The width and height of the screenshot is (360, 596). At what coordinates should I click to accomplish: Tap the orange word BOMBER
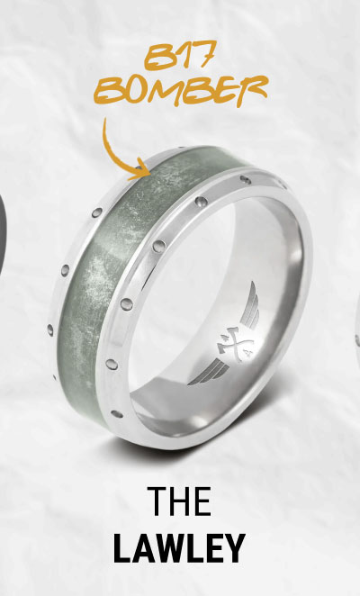181,90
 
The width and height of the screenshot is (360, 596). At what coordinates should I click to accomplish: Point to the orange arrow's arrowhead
140,170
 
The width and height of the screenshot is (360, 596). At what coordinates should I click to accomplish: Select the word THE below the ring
179,501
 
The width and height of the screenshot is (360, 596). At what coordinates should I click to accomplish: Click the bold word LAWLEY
179,548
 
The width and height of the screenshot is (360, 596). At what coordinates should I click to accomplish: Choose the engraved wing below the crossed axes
208,371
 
